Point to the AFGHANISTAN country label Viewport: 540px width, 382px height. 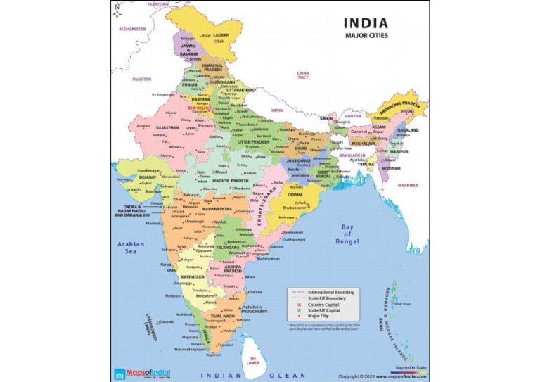132,29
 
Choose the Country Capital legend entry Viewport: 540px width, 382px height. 324,304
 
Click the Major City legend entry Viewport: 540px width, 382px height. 319,317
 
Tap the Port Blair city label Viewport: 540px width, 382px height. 404,304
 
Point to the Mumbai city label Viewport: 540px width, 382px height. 153,223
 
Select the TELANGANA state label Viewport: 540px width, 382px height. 229,248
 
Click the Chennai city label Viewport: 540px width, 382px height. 255,291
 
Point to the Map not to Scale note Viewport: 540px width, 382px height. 409,367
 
